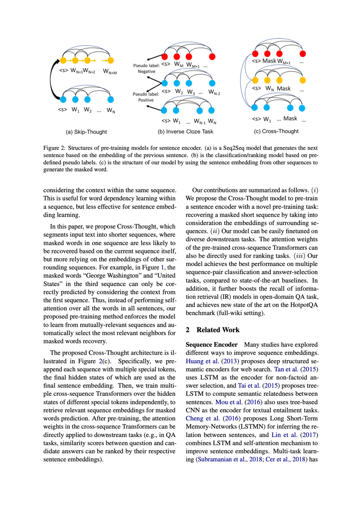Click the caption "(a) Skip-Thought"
(86, 132)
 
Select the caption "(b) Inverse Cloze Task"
(185, 132)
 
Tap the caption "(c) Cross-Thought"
(276, 131)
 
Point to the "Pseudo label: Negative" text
(146, 68)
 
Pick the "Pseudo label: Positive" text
(146, 97)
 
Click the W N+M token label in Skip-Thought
(110, 71)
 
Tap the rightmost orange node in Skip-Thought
(111, 60)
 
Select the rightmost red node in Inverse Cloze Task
(212, 57)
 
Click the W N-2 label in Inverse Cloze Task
(214, 92)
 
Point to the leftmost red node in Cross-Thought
(255, 54)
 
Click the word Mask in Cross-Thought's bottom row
(290, 119)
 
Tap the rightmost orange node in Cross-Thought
(302, 80)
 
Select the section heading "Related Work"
(218, 330)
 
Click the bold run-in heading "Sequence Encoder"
(211, 345)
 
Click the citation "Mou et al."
(229, 402)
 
